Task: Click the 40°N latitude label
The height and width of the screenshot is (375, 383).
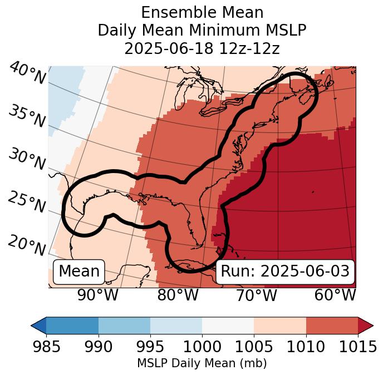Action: pyautogui.click(x=27, y=73)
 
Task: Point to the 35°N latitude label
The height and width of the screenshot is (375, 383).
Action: pyautogui.click(x=27, y=116)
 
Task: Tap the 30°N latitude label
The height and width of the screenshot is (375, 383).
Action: pyautogui.click(x=27, y=160)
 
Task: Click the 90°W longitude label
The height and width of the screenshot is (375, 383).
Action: pyautogui.click(x=98, y=295)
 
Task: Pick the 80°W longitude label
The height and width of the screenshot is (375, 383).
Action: pyautogui.click(x=178, y=295)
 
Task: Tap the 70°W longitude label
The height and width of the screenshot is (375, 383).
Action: pyautogui.click(x=256, y=295)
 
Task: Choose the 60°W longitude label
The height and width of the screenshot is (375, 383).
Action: pyautogui.click(x=335, y=295)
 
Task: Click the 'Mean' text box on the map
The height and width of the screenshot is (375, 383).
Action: pyautogui.click(x=79, y=272)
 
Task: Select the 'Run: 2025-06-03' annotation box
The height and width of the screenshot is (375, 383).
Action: pyautogui.click(x=285, y=272)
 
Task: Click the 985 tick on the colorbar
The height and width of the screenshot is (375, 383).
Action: pyautogui.click(x=46, y=347)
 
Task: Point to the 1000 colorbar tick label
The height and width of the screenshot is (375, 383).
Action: pyautogui.click(x=202, y=347)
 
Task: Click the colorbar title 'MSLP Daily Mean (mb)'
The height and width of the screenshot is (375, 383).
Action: pyautogui.click(x=202, y=363)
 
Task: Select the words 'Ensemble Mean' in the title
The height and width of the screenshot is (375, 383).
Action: pyautogui.click(x=202, y=12)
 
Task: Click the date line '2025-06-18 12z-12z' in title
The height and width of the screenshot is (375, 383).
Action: pyautogui.click(x=202, y=48)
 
